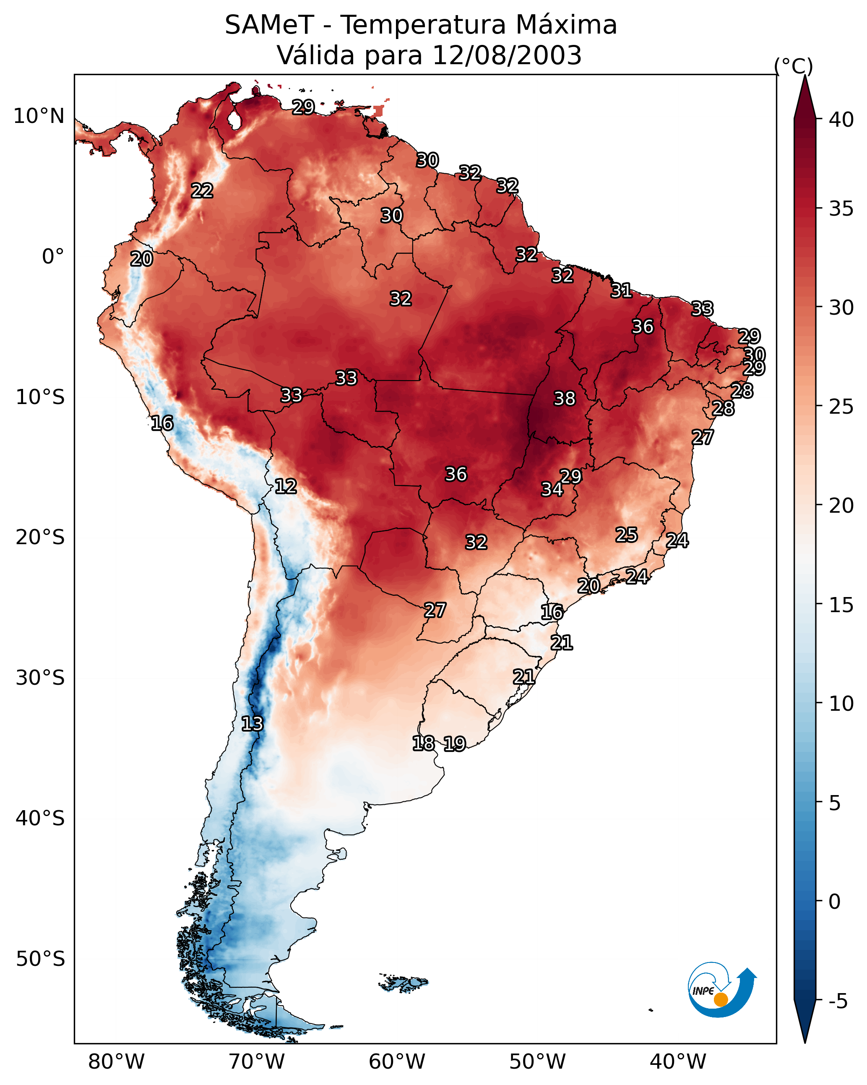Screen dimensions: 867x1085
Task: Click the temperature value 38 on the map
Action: click(564, 399)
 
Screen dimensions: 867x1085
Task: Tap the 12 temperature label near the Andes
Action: click(285, 486)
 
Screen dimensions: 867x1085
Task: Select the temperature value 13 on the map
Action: click(252, 724)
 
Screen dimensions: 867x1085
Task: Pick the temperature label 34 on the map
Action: click(552, 489)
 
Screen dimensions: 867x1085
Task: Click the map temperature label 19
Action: click(454, 744)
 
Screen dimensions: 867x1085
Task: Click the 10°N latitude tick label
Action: click(39, 116)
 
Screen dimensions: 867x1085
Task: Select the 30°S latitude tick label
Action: click(40, 678)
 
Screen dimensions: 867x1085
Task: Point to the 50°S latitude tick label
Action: click(40, 959)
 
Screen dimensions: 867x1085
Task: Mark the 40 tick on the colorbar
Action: click(841, 120)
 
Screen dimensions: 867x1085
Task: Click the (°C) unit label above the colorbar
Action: click(794, 66)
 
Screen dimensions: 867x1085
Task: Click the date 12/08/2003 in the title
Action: click(507, 55)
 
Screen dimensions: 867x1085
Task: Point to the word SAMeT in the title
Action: click(269, 25)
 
